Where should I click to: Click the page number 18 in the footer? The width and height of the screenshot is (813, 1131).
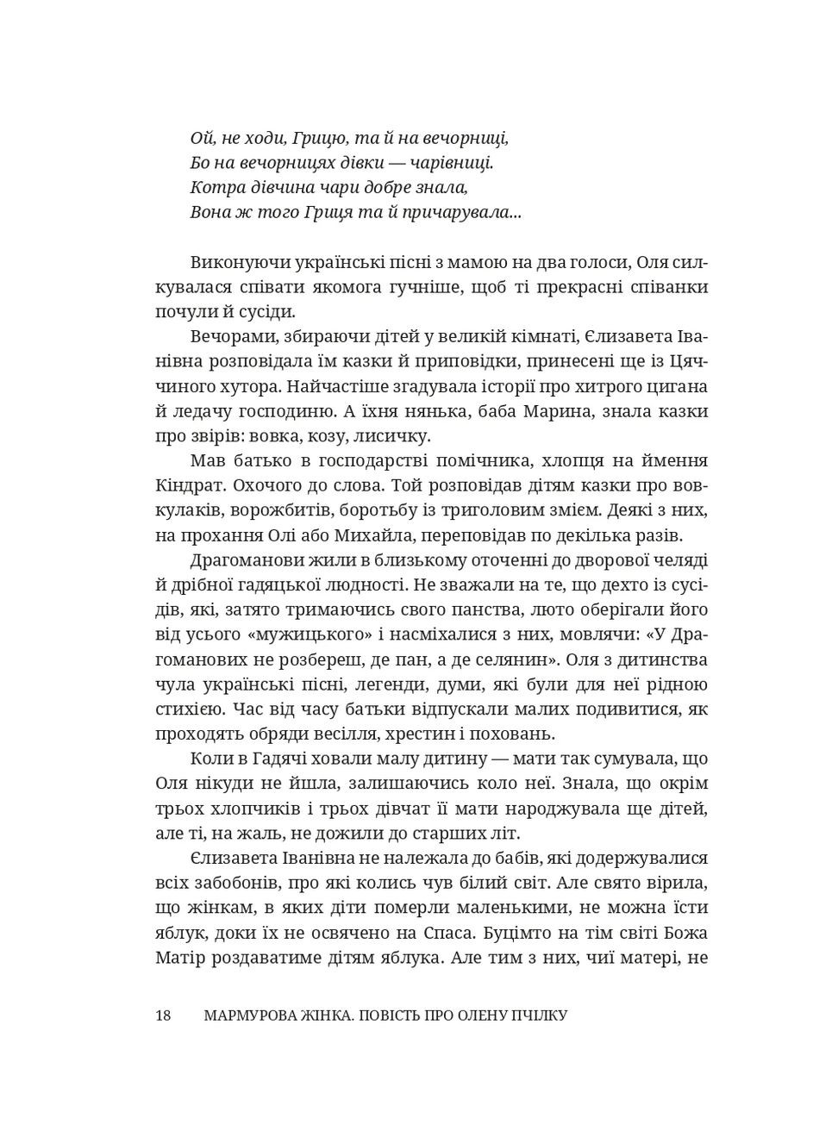point(163,1015)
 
